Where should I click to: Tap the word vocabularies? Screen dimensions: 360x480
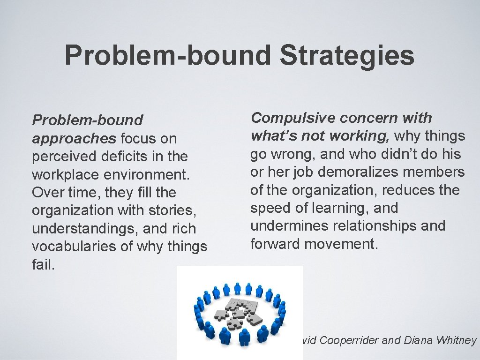pyautogui.click(x=75, y=247)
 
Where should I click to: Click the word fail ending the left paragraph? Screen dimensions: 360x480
pyautogui.click(x=43, y=264)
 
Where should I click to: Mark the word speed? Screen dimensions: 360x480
pyautogui.click(x=271, y=208)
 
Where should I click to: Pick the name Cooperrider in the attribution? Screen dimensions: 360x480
pyautogui.click(x=350, y=340)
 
